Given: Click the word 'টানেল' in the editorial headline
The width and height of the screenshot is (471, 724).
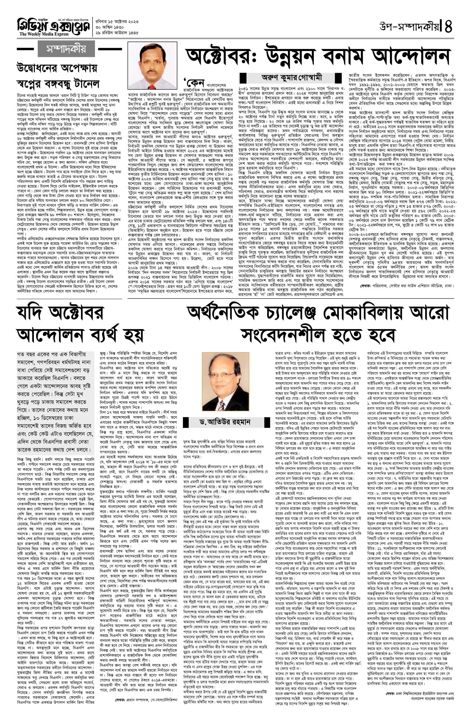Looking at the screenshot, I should (x=85, y=83).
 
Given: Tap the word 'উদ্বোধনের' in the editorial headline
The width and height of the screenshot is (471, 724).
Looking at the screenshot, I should (x=38, y=68).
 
